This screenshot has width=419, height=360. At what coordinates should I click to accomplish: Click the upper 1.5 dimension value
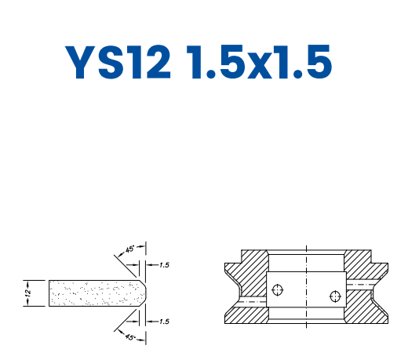pos(163,265)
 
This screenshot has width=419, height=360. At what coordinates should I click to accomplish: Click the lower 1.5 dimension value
pos(163,322)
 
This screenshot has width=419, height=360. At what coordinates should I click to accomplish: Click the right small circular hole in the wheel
pos(335,296)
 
